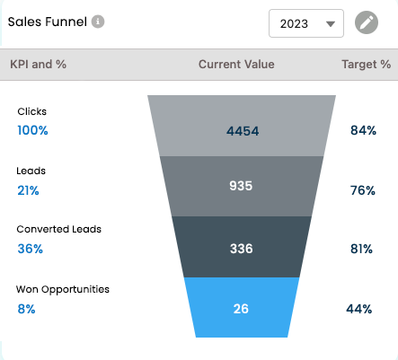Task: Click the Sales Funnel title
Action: pos(48,22)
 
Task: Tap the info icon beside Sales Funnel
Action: pos(98,22)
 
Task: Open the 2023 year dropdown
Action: pos(306,23)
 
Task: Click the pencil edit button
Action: pos(367,22)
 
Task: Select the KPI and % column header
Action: pos(38,65)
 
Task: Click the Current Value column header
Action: pos(236,65)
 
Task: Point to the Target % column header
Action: pos(367,65)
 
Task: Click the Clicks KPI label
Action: pos(32,111)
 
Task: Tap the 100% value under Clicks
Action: pos(32,130)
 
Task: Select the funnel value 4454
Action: pos(243,131)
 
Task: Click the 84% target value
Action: pos(363,130)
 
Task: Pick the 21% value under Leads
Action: pos(28,190)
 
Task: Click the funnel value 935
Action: pos(241,186)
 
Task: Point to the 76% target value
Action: pos(363,190)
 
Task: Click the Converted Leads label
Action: pos(59,229)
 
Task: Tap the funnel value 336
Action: pos(242,249)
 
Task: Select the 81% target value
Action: pos(361,249)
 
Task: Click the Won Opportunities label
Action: pos(63,290)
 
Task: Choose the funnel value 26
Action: pos(241,309)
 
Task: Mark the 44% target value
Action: pos(359,309)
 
